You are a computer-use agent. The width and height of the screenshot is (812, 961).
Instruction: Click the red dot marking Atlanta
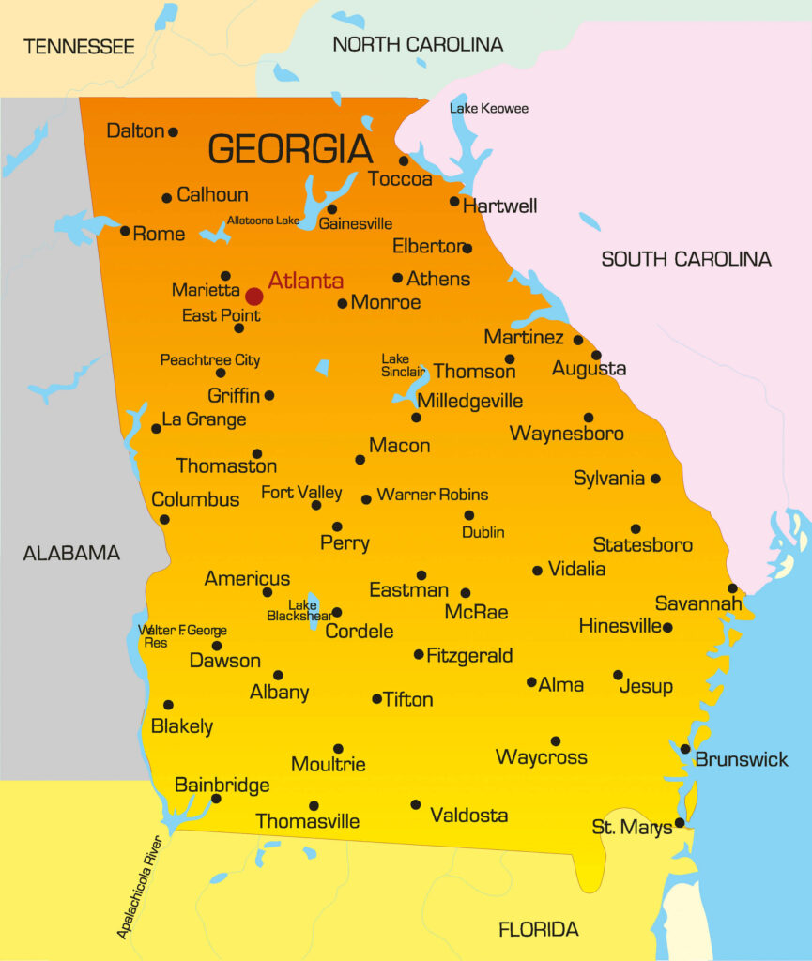(253, 297)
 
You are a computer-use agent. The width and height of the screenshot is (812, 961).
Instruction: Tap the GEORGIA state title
(290, 149)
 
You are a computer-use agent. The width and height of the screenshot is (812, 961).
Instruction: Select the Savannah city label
(698, 603)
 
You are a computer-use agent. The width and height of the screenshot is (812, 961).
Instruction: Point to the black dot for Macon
(360, 460)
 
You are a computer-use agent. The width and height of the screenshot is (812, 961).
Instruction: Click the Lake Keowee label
(488, 109)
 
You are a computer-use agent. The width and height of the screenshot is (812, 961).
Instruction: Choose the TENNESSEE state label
(79, 46)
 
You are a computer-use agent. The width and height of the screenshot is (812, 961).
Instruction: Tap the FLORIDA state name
(538, 930)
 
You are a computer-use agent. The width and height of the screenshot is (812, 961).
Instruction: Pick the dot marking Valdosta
(416, 804)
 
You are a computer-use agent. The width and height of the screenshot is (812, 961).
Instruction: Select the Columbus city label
(195, 499)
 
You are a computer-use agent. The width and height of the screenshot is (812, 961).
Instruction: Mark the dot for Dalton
(173, 132)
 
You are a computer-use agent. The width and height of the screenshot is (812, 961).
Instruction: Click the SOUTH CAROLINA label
(686, 259)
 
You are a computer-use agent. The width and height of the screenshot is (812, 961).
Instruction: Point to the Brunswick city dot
(685, 749)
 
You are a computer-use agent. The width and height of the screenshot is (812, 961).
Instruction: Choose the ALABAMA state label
(71, 553)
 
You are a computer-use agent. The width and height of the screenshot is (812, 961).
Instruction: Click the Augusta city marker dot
(596, 355)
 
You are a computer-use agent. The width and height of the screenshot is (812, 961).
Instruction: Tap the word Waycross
(541, 757)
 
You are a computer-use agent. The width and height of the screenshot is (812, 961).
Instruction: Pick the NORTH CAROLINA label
(418, 44)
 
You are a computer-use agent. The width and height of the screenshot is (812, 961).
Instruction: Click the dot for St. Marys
(680, 823)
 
